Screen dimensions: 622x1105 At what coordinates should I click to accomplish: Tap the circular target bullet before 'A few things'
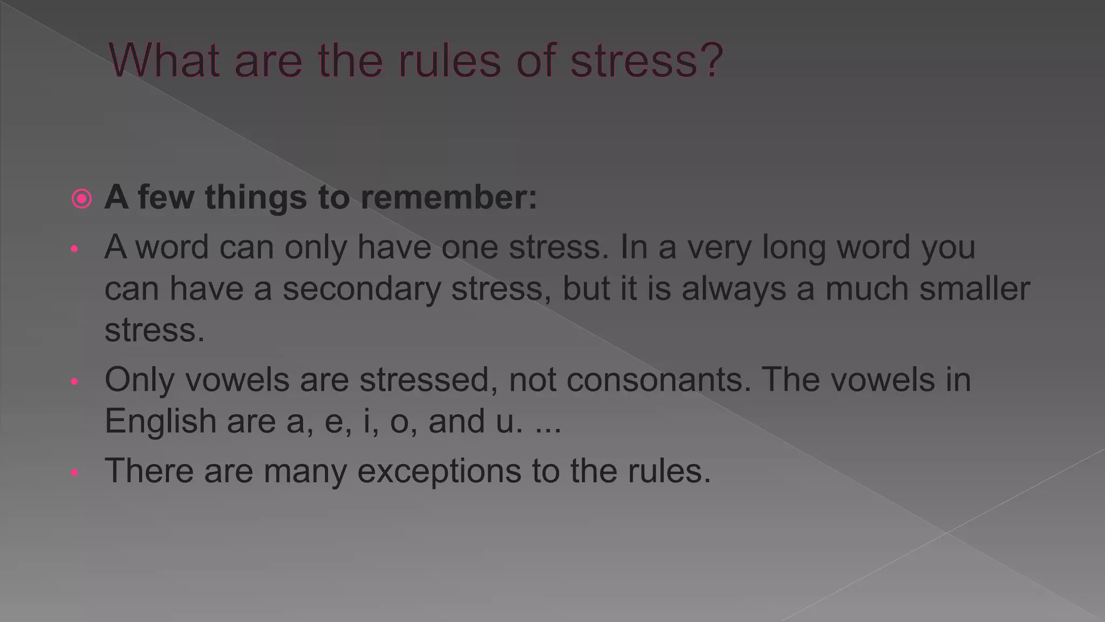coord(81,199)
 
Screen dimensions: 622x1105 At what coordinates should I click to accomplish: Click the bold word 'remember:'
coord(449,197)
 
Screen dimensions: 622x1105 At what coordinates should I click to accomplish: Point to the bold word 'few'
coord(166,197)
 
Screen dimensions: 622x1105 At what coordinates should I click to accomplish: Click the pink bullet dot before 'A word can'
coord(74,249)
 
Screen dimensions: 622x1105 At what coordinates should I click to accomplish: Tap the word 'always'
coord(734,288)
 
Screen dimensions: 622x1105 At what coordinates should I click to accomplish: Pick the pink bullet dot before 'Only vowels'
coord(74,382)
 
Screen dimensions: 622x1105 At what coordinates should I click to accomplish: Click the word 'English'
coord(160,421)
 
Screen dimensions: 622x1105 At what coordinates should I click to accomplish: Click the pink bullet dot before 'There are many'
coord(74,473)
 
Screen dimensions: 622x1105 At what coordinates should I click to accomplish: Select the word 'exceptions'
coord(439,471)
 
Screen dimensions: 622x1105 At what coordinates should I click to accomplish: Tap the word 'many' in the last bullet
coord(305,471)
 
